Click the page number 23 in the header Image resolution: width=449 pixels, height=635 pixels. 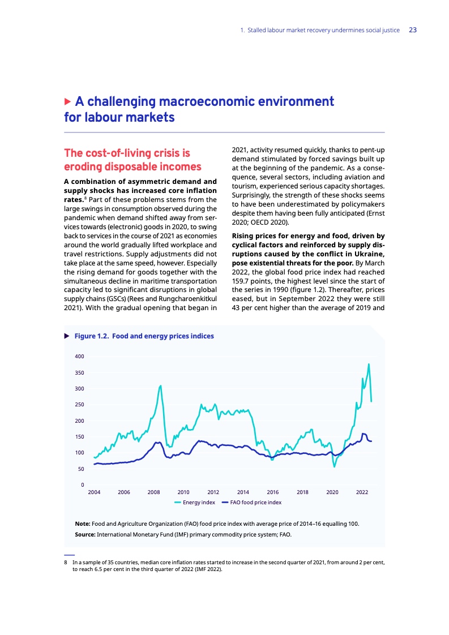pyautogui.click(x=413, y=30)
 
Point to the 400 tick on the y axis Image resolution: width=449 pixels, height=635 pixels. pyautogui.click(x=79, y=357)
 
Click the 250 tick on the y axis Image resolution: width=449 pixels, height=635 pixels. pyautogui.click(x=79, y=405)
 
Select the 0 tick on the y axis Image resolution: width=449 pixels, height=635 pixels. pyautogui.click(x=83, y=485)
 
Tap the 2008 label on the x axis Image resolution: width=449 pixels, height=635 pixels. pyautogui.click(x=153, y=493)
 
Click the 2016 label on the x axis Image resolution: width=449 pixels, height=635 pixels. pyautogui.click(x=273, y=493)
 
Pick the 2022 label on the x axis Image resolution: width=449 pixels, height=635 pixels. pyautogui.click(x=362, y=493)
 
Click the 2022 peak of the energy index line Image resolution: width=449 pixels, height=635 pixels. pyautogui.click(x=369, y=364)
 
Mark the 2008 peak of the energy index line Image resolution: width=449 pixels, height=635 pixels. pyautogui.click(x=161, y=385)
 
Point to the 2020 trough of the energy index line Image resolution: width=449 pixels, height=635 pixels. pyautogui.click(x=334, y=466)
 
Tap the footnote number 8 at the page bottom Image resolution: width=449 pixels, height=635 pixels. pyautogui.click(x=66, y=563)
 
